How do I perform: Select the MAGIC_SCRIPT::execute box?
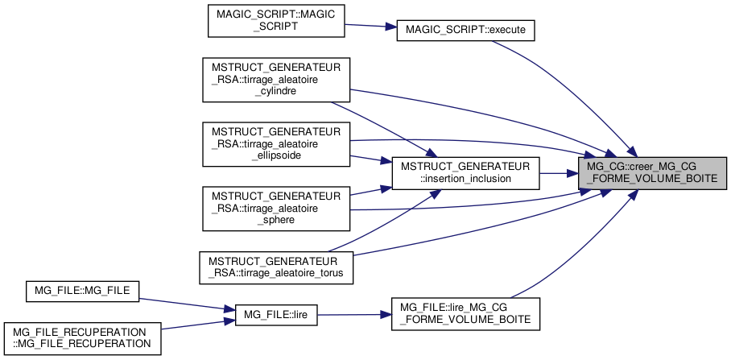(465, 29)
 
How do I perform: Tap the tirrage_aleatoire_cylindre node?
(276, 79)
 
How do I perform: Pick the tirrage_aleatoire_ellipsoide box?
(276, 143)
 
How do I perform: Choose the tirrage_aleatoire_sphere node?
(276, 207)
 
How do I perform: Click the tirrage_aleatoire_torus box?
(276, 265)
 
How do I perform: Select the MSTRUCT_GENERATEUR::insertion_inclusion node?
(465, 172)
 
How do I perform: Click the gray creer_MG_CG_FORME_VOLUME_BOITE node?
(653, 172)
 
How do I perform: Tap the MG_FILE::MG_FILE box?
(83, 291)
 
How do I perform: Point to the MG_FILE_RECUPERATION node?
(83, 337)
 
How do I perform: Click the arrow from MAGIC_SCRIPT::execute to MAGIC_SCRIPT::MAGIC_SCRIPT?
(370, 27)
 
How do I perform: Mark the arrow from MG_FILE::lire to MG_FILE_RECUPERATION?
(193, 324)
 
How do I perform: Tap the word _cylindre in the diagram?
(276, 91)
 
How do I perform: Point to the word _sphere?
(276, 219)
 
